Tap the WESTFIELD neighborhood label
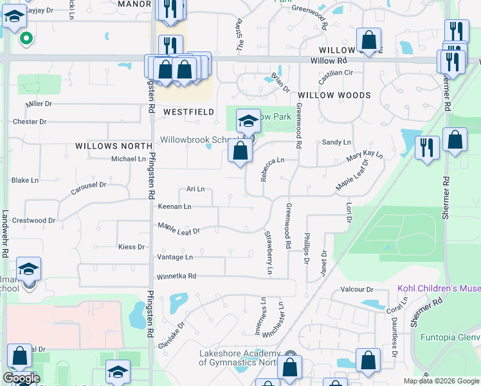(188, 112)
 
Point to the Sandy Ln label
(337, 142)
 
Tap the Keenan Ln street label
(174, 207)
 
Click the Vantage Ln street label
(175, 257)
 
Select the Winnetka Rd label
(176, 277)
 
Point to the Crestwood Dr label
(33, 221)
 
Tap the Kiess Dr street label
(132, 247)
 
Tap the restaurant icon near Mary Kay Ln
(427, 147)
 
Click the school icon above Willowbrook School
(248, 120)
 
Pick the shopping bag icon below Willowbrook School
(240, 152)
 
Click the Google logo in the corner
(21, 378)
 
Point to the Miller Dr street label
(39, 104)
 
